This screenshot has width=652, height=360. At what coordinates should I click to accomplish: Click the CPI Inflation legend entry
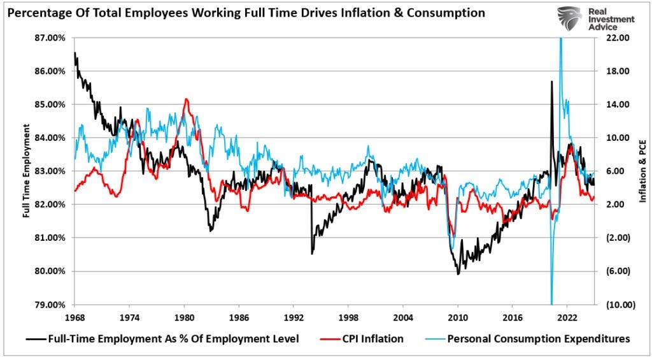pyautogui.click(x=372, y=339)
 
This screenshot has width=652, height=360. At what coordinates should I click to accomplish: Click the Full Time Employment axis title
pyautogui.click(x=27, y=171)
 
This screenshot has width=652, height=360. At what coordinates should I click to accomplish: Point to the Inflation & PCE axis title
pyautogui.click(x=642, y=171)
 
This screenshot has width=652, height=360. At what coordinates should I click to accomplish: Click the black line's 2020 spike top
pyautogui.click(x=551, y=82)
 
